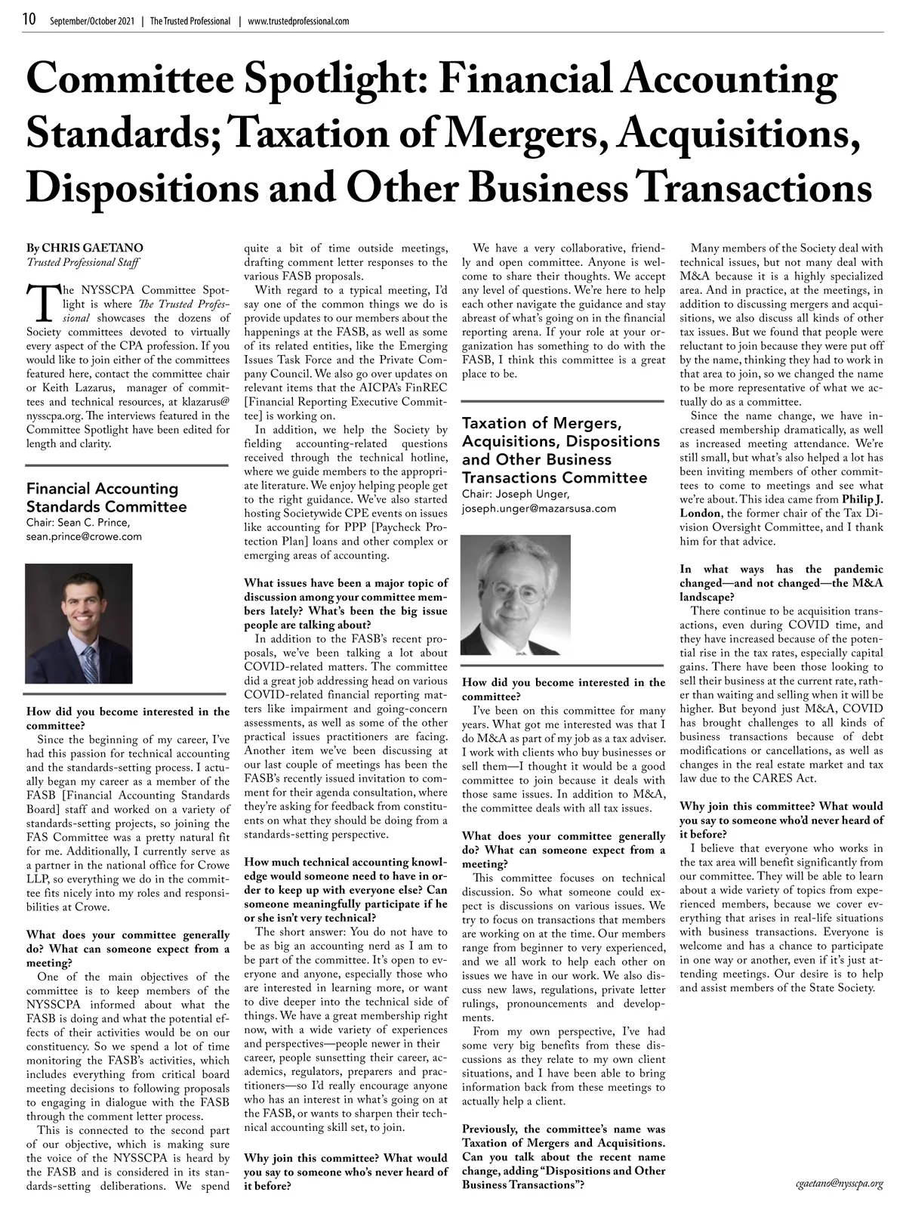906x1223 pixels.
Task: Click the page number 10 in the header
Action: [x=29, y=20]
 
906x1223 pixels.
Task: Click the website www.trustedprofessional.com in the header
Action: [x=298, y=21]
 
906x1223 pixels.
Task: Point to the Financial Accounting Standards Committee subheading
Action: [x=106, y=498]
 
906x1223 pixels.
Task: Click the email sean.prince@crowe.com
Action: [x=84, y=537]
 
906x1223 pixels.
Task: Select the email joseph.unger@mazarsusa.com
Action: [x=538, y=508]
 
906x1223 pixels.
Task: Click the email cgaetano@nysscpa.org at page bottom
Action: [x=839, y=1184]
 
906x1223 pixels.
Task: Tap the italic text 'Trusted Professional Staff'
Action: [x=82, y=262]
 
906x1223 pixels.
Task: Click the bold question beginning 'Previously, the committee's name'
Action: [x=563, y=1156]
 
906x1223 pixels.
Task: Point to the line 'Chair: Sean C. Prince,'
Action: [x=79, y=523]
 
